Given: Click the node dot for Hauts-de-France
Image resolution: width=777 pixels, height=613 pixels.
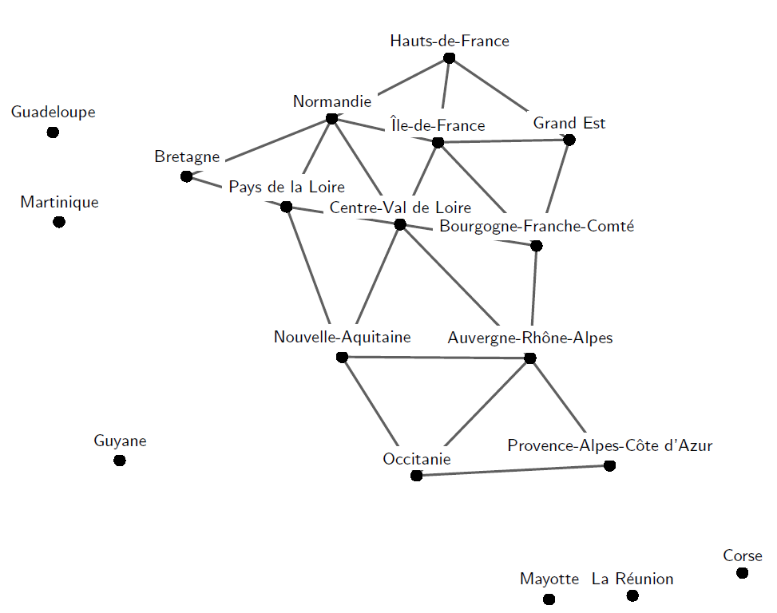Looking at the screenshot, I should coord(449,57).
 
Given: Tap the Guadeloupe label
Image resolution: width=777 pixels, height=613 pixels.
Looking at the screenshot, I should coord(54,113).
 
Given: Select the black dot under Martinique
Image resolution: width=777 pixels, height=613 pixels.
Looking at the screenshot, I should coord(58,222).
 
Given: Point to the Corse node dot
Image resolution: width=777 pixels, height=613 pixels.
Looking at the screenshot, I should coord(743,573).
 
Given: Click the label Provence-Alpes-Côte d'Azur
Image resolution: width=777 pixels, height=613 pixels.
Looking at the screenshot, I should coord(609,445).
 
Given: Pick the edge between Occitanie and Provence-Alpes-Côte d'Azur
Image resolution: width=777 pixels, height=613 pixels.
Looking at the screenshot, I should coord(513,471).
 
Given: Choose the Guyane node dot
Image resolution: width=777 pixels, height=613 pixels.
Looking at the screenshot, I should coord(120,461).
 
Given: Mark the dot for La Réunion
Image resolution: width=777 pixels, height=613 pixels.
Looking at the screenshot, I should coord(632,595).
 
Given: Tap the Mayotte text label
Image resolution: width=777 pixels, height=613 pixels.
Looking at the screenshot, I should coord(549,579).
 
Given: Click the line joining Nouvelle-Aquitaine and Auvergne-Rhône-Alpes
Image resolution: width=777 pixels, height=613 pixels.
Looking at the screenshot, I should coord(435,358).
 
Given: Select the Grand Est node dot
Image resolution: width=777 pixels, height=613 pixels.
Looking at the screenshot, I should coord(569,140).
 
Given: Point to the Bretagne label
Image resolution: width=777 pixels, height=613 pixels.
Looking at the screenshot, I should coord(187,157).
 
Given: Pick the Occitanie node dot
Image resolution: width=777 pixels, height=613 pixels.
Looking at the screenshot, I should coord(416,476).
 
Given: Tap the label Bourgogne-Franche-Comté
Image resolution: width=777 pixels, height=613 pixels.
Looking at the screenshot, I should coord(537,227).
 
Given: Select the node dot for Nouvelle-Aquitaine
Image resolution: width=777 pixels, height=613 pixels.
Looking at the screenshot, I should coord(342,357).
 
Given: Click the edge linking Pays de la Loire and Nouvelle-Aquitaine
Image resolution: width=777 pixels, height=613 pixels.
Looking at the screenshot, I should coord(314,282).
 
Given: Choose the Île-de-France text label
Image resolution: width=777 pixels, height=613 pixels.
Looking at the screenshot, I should coord(438,126).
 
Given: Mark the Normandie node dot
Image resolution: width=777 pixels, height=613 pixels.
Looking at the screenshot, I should coord(331,119).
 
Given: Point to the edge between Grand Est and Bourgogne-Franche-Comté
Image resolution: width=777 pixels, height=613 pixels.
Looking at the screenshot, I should coord(553,192).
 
